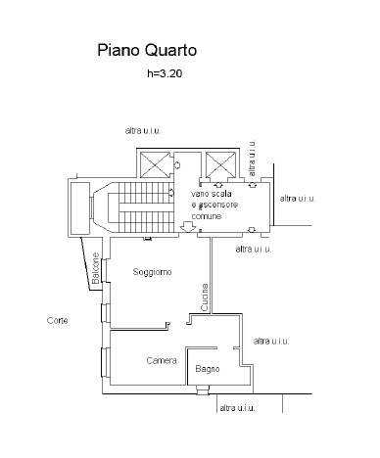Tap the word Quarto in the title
(170, 51)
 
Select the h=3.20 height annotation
(165, 73)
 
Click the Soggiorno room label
(152, 272)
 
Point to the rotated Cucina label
(205, 297)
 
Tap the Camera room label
(162, 360)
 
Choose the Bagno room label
(208, 369)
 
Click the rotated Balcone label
(96, 268)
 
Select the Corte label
(58, 320)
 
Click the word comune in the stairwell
(207, 216)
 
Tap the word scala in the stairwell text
(220, 194)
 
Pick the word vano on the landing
(199, 194)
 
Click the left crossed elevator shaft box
(155, 165)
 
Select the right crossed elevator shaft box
(220, 165)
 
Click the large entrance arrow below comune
(188, 226)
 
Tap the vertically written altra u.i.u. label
(252, 159)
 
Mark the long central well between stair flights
(144, 207)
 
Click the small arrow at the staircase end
(171, 193)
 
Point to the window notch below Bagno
(203, 390)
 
